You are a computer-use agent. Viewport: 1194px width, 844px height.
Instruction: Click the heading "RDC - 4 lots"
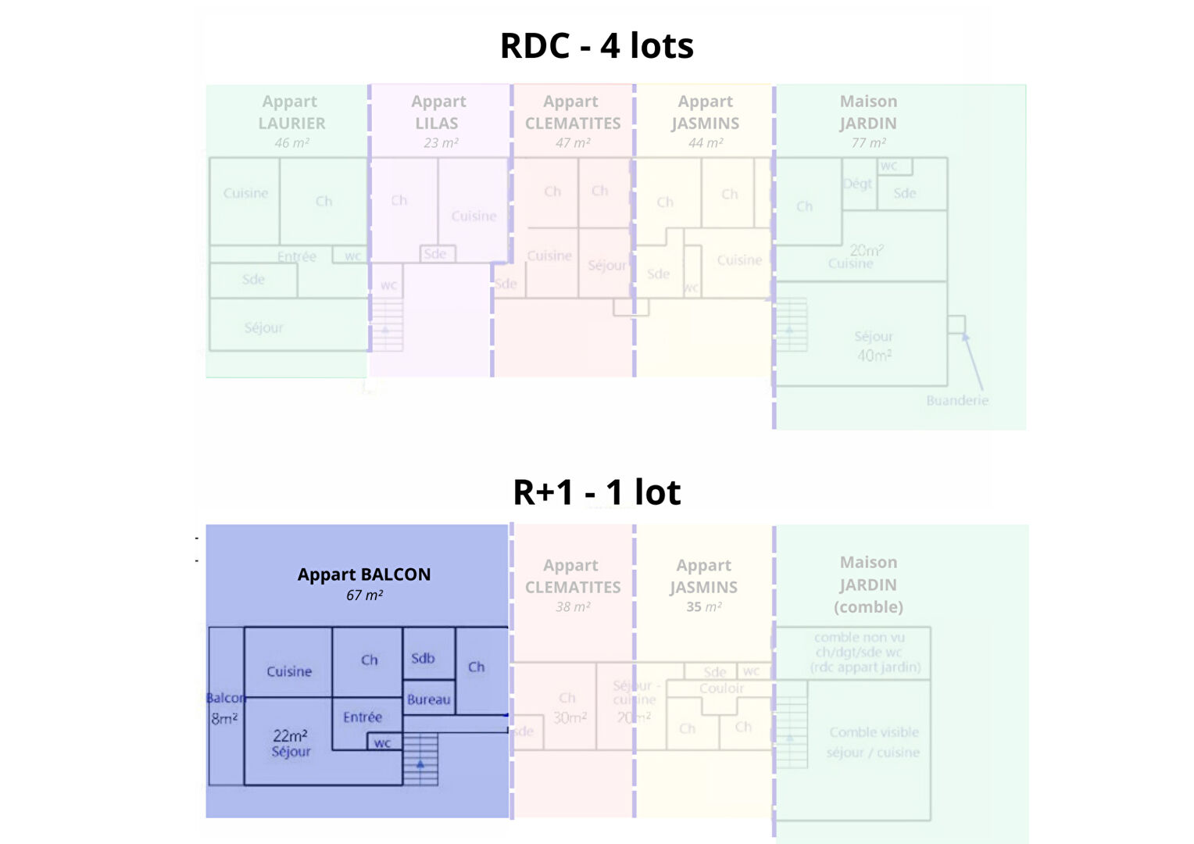(x=596, y=46)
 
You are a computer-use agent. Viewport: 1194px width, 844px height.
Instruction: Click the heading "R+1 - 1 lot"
(x=596, y=492)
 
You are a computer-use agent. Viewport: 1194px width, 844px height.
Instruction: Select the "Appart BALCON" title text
(x=364, y=574)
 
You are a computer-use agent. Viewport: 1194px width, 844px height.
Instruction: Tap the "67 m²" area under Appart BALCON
(x=364, y=595)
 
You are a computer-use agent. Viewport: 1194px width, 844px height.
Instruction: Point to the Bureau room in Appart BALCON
(x=428, y=699)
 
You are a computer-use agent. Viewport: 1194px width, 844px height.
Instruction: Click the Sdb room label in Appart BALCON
(x=423, y=658)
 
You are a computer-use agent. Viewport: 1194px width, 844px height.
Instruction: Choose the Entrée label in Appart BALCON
(x=363, y=717)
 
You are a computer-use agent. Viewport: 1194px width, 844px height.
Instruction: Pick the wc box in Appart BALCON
(x=382, y=742)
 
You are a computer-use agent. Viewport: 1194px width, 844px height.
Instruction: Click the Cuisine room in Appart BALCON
(x=289, y=671)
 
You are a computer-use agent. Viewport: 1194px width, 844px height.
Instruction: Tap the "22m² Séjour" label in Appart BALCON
(x=291, y=743)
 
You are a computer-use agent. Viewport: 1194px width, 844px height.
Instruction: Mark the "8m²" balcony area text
(x=224, y=718)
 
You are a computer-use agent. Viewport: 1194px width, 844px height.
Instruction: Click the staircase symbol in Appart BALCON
(x=420, y=760)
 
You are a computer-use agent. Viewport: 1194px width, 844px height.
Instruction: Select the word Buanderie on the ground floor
(x=957, y=400)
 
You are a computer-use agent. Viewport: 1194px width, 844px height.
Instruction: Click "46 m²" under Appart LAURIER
(x=291, y=143)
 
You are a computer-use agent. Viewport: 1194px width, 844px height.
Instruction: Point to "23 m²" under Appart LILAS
(x=441, y=143)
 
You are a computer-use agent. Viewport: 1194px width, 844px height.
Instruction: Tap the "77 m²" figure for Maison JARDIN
(x=868, y=143)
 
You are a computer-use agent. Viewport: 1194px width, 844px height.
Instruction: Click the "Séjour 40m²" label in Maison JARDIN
(x=874, y=345)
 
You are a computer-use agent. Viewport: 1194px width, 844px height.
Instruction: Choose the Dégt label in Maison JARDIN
(x=857, y=184)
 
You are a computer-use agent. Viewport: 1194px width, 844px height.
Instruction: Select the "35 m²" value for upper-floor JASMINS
(x=703, y=606)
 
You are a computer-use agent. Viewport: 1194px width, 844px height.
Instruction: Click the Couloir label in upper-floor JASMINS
(x=721, y=688)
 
